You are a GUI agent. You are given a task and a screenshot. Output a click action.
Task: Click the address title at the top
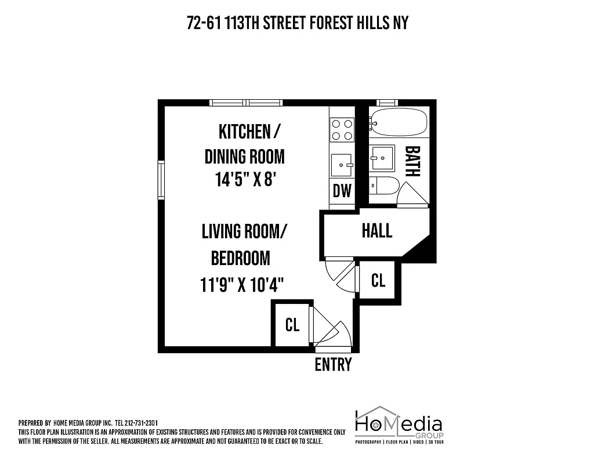point(298,23)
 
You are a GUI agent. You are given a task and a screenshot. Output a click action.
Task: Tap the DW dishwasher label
point(342,190)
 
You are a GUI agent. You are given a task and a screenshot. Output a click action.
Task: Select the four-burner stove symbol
point(342,130)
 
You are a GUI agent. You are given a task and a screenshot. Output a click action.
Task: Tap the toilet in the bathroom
point(384,186)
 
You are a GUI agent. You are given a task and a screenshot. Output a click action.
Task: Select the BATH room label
point(412,161)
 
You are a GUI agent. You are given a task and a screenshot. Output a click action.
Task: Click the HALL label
point(377,231)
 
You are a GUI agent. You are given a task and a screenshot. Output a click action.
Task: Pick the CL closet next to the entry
point(292,325)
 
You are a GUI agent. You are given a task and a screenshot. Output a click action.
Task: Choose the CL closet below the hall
point(378,281)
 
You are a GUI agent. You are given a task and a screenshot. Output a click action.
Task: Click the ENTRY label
point(333,365)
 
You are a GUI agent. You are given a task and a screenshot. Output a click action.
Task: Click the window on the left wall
point(161,180)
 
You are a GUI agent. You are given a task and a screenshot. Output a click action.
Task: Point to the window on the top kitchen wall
point(247,103)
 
